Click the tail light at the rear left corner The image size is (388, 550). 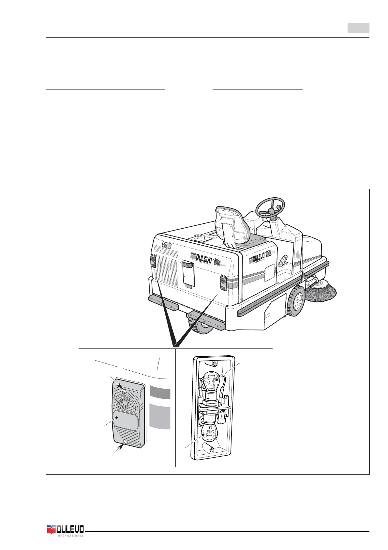(153, 262)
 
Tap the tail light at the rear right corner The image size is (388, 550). (223, 283)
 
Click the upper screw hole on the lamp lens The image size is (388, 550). (125, 391)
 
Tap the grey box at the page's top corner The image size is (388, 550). (358, 28)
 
